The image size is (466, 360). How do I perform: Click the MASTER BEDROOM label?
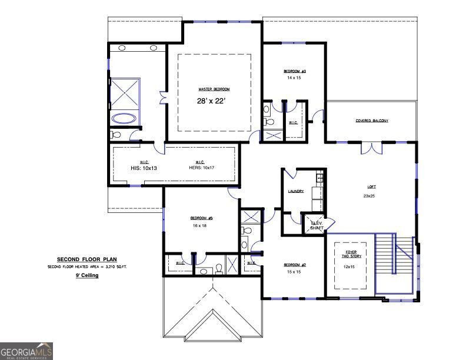pos(214,89)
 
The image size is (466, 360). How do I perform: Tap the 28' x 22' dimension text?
pos(212,101)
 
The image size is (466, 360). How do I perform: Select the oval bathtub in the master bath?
pos(124,118)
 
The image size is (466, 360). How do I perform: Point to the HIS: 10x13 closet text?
pos(144,168)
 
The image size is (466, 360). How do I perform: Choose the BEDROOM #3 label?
pos(294,71)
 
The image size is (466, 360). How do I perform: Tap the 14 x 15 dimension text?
pos(294,78)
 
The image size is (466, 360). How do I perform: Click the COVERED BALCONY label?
pos(371,121)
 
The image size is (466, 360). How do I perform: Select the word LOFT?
pos(371,187)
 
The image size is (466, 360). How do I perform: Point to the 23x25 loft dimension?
pos(370,196)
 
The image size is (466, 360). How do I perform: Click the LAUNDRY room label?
pos(295,191)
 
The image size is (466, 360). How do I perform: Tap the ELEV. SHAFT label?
pos(317,225)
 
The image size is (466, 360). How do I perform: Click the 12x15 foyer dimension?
pos(349,267)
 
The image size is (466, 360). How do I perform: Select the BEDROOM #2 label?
pos(294,265)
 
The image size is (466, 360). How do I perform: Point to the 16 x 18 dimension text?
pos(199,226)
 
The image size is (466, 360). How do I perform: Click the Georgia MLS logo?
pos(26,351)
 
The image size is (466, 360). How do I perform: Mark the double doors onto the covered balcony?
pos(371,147)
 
